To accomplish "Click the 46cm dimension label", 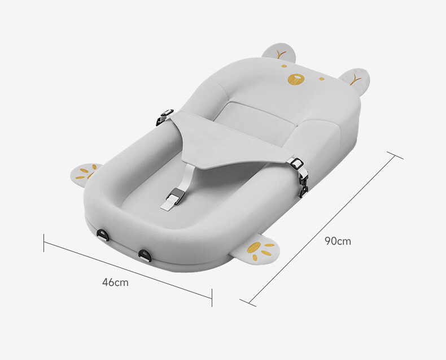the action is (115, 282).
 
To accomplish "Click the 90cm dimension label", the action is (338, 241).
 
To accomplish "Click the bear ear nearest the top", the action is (279, 53).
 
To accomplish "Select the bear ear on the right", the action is (356, 77).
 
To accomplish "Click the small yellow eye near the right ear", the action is (321, 79).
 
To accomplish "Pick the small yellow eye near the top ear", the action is (284, 66).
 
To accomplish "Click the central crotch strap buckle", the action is (175, 196).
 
